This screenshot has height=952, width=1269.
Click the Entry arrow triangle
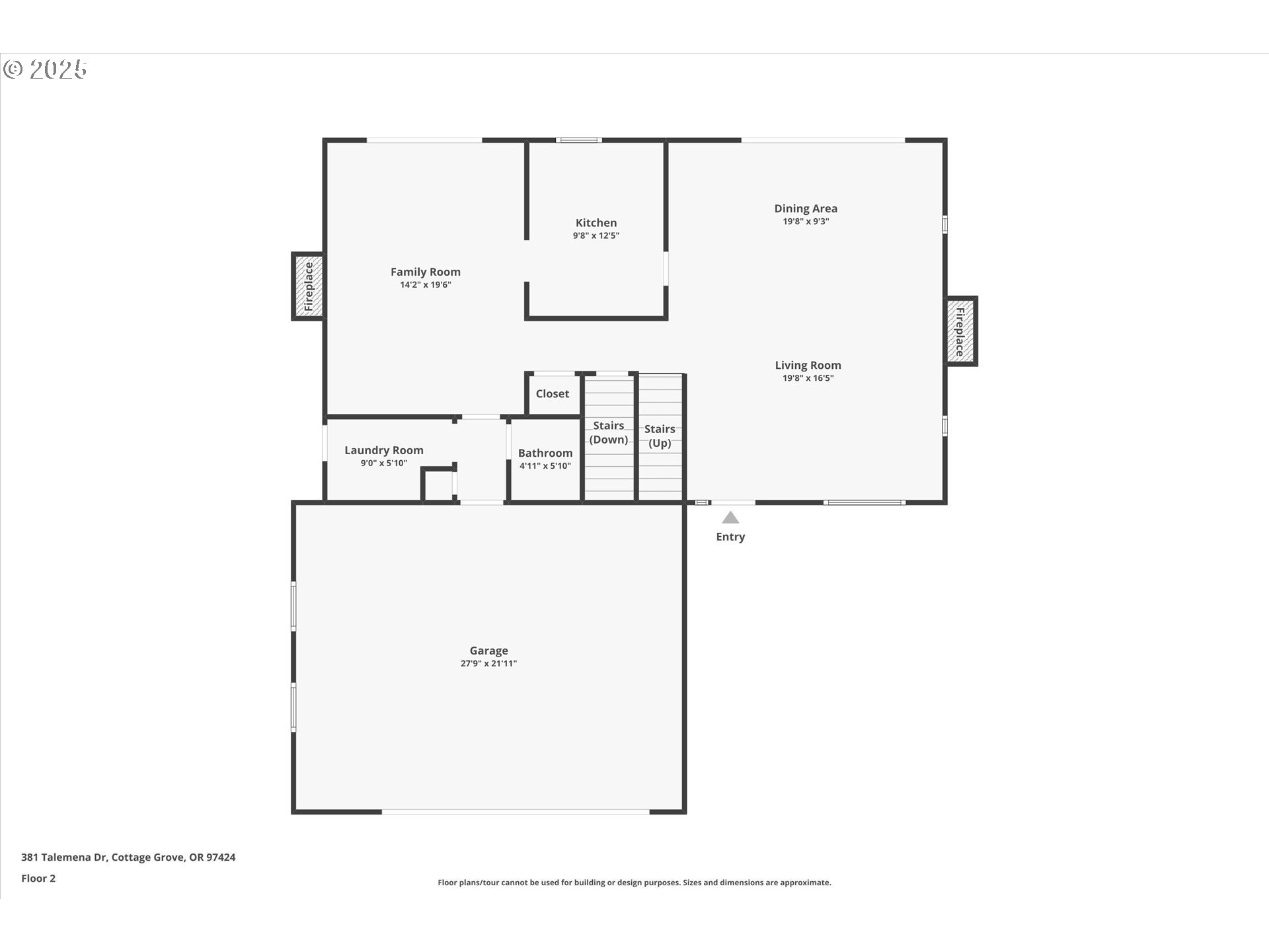[730, 518]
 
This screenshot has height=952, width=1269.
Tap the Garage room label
[489, 651]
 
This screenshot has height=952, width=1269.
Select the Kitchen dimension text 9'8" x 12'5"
[596, 235]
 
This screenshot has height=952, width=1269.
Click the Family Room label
[426, 272]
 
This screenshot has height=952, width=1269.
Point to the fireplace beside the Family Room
[308, 287]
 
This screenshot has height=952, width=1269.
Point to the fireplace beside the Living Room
[961, 331]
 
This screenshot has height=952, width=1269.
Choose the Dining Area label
[806, 208]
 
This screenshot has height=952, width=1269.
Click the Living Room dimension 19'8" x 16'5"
[808, 378]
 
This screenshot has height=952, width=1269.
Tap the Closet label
[553, 393]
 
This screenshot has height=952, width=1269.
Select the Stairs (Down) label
[609, 432]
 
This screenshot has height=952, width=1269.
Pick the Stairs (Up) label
[660, 436]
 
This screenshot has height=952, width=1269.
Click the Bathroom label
[545, 453]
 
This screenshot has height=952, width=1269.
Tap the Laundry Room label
[384, 450]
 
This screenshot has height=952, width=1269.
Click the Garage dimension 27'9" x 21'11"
[489, 664]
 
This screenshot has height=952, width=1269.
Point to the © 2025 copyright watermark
[45, 69]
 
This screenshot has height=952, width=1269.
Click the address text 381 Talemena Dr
[64, 857]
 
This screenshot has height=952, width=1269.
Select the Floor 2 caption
[38, 878]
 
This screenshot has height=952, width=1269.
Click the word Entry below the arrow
[730, 537]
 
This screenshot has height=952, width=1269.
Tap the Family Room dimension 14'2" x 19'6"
[426, 285]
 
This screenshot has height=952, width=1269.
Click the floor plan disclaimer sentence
[634, 883]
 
